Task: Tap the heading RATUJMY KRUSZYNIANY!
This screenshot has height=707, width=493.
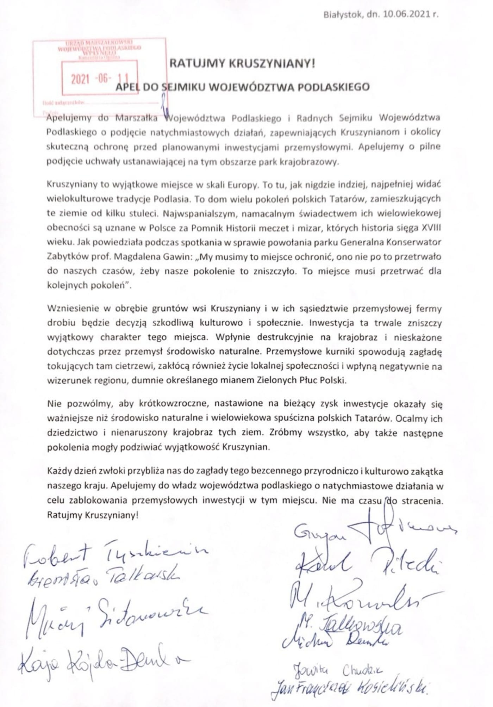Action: (x=243, y=64)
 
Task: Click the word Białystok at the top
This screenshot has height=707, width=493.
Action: (x=339, y=15)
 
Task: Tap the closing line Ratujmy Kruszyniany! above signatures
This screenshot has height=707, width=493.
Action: (x=93, y=515)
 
